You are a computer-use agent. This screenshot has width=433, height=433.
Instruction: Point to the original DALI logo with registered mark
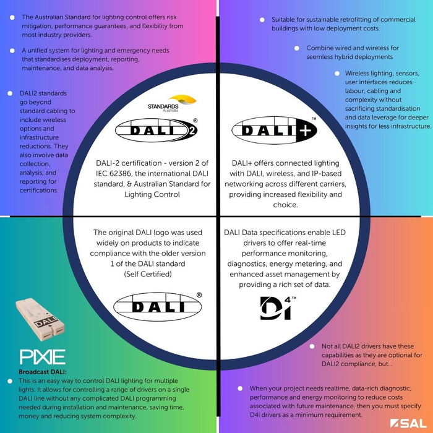coord(158,306)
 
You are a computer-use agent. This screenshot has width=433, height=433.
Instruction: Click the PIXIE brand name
coord(43,357)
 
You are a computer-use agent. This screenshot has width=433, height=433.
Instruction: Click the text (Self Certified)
coord(147,273)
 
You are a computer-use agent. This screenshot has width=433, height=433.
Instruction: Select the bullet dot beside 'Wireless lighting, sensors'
coord(337,73)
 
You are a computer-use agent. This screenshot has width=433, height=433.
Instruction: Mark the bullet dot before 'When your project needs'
coord(240,388)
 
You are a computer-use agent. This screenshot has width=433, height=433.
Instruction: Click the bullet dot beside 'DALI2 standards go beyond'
coord(12,93)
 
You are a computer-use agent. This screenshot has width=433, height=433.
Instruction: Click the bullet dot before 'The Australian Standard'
coord(12,17)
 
